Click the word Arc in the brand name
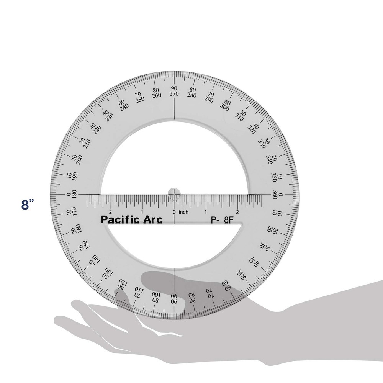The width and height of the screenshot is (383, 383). point(152,219)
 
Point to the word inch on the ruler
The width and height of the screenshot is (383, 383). point(183,212)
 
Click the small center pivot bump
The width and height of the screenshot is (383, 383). point(174,191)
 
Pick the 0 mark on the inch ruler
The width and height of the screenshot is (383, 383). point(174,212)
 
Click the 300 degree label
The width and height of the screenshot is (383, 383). point(225,108)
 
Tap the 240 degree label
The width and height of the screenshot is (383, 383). point(124,108)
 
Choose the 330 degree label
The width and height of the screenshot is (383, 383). point(262,144)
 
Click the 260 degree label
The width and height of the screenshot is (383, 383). point(156,96)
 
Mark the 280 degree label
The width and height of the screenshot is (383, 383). point(192,96)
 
